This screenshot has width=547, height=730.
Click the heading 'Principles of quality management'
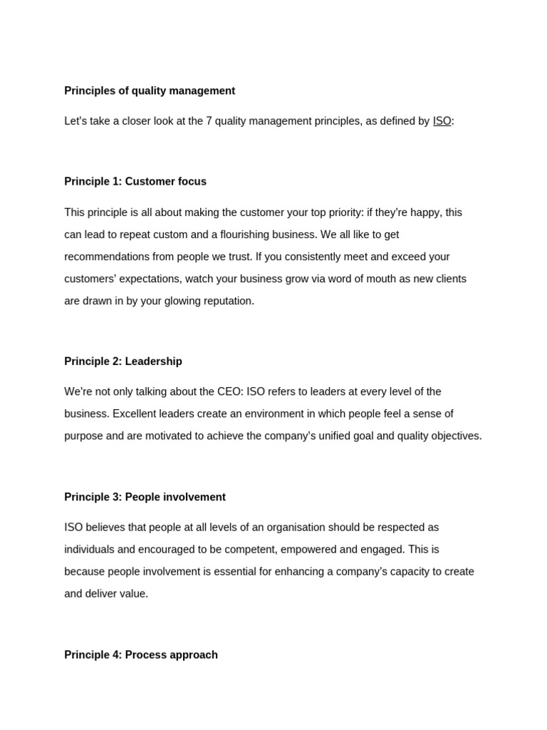coord(150,91)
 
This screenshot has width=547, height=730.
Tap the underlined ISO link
coord(442,121)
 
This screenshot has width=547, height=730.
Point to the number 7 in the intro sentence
coord(209,121)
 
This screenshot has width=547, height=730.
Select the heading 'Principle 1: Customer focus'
coord(135,182)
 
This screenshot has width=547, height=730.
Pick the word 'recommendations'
coord(105,257)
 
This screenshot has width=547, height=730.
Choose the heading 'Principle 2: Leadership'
coord(123,361)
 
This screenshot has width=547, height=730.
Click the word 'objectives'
coord(454,436)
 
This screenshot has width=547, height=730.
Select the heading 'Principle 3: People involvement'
coord(145,497)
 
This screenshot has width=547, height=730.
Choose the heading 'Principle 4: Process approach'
coord(141,654)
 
